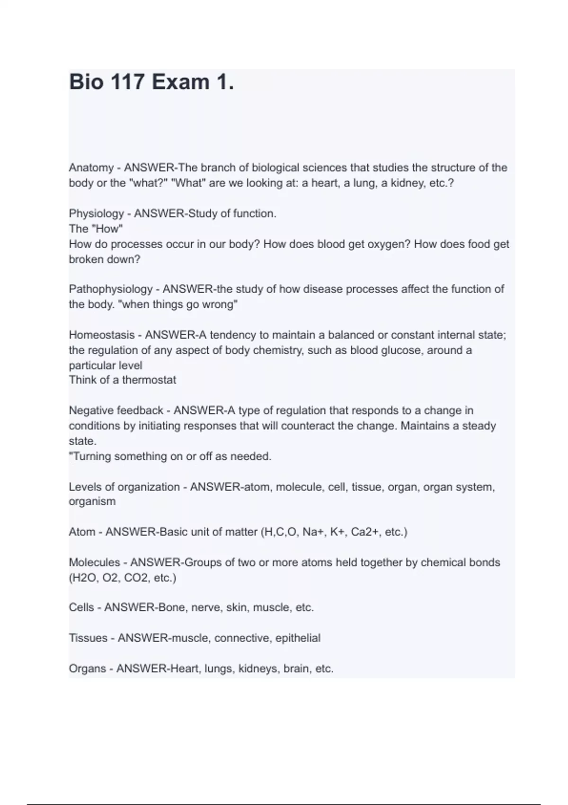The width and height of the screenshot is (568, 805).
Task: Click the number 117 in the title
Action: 127,82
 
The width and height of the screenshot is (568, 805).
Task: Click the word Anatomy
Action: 91,168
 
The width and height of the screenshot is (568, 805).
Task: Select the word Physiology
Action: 96,214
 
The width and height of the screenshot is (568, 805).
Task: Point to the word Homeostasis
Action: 102,335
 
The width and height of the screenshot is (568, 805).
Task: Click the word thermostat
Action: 149,380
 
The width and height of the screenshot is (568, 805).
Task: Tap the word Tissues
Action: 88,638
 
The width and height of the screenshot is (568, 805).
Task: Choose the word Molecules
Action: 94,563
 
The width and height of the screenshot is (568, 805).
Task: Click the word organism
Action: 92,501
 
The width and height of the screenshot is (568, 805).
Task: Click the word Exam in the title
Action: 181,82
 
